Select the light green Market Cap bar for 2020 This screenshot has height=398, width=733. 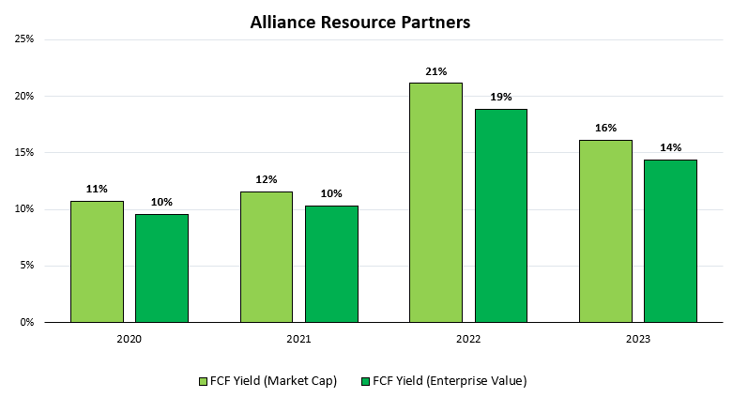coord(97,262)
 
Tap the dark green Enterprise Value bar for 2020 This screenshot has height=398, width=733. coord(161,268)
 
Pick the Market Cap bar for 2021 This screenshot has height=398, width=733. coord(266,257)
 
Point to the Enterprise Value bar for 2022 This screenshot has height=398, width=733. coord(500,216)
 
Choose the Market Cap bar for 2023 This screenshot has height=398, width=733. coord(604,231)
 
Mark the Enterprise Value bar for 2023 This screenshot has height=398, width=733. coord(670,241)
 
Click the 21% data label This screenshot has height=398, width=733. coord(435,70)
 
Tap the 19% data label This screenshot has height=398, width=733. coord(500,97)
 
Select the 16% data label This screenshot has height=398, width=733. coord(604,128)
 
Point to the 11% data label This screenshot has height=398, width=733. coord(97,189)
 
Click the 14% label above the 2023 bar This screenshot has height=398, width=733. coord(670,147)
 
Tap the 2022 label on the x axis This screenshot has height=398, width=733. coord(468,339)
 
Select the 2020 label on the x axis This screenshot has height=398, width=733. coord(130,339)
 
